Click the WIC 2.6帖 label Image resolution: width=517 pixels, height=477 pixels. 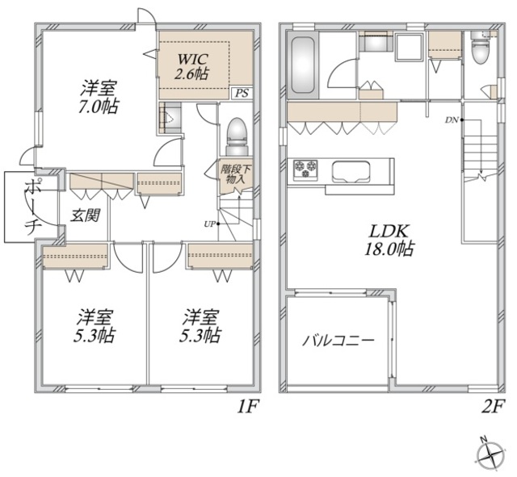coord(191,66)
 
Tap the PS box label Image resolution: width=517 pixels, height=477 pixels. coord(242,94)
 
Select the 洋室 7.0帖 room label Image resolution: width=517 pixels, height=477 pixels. coord(99,98)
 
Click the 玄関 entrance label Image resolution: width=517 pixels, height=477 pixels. coord(86,215)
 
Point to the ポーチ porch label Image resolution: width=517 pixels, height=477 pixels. coord(34,207)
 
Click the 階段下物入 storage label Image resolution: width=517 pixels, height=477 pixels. coord(235,174)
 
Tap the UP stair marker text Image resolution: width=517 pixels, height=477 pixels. coord(210,224)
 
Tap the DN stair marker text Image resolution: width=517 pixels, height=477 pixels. coord(452,120)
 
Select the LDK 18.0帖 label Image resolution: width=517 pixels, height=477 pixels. coord(389,240)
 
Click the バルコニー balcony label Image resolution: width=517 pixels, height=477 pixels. coord(338,341)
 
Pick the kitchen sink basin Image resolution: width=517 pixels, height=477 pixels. coord(351,172)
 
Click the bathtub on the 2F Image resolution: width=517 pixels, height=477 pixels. coord(303,65)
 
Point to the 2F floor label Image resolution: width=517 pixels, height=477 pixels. coord(493,407)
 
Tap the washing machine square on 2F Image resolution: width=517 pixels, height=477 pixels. coord(410,47)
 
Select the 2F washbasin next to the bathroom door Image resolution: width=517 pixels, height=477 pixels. coord(376,41)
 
